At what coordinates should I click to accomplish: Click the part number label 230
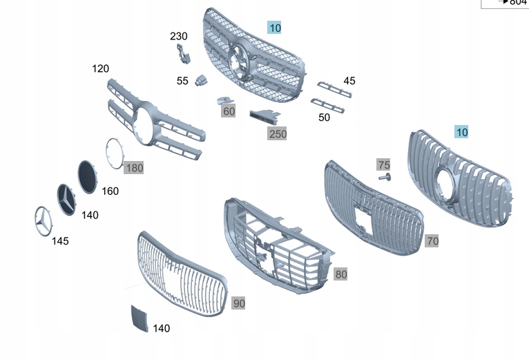point(179,36)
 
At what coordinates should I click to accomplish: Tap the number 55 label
point(182,81)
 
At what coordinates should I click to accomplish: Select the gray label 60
point(229,111)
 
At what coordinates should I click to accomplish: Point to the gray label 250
point(277,133)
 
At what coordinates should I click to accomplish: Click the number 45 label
point(349,81)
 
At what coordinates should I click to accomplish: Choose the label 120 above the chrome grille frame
point(101,68)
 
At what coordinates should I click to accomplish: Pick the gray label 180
point(134,167)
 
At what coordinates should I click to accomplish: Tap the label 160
point(110,191)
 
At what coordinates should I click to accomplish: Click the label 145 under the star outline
point(60,240)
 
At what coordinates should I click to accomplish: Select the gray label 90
point(238,303)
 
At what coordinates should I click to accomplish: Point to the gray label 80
point(341,274)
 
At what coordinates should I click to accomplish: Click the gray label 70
point(432,241)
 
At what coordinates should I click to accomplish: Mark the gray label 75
point(383,164)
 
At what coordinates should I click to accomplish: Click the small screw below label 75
point(384,178)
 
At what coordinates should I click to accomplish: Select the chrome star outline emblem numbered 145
point(42,220)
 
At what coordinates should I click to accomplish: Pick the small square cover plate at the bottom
point(140,318)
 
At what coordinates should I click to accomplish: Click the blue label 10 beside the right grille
point(461,131)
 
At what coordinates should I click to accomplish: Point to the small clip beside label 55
point(202,79)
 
